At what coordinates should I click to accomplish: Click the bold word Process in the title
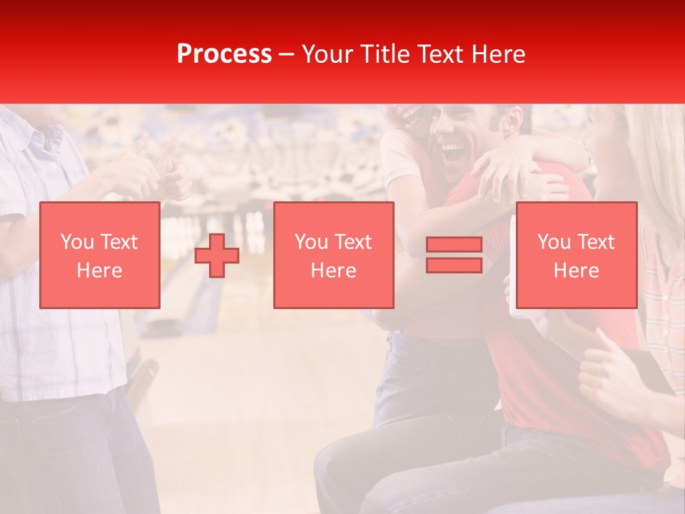tap(224, 54)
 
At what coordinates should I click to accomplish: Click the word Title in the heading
tap(385, 54)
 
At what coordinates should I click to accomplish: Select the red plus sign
tap(217, 255)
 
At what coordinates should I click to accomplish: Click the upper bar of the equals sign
tap(454, 244)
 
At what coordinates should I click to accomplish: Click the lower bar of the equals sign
tap(454, 265)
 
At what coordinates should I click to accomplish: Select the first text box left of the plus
tap(99, 255)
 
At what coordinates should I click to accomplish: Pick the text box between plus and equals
tap(334, 255)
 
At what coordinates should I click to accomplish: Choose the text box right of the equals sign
tap(576, 255)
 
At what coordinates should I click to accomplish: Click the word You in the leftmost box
tap(75, 242)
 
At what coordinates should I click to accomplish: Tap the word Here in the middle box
tap(334, 271)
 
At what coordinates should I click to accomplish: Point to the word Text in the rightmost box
tap(595, 242)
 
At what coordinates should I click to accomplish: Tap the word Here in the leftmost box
tap(99, 271)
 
